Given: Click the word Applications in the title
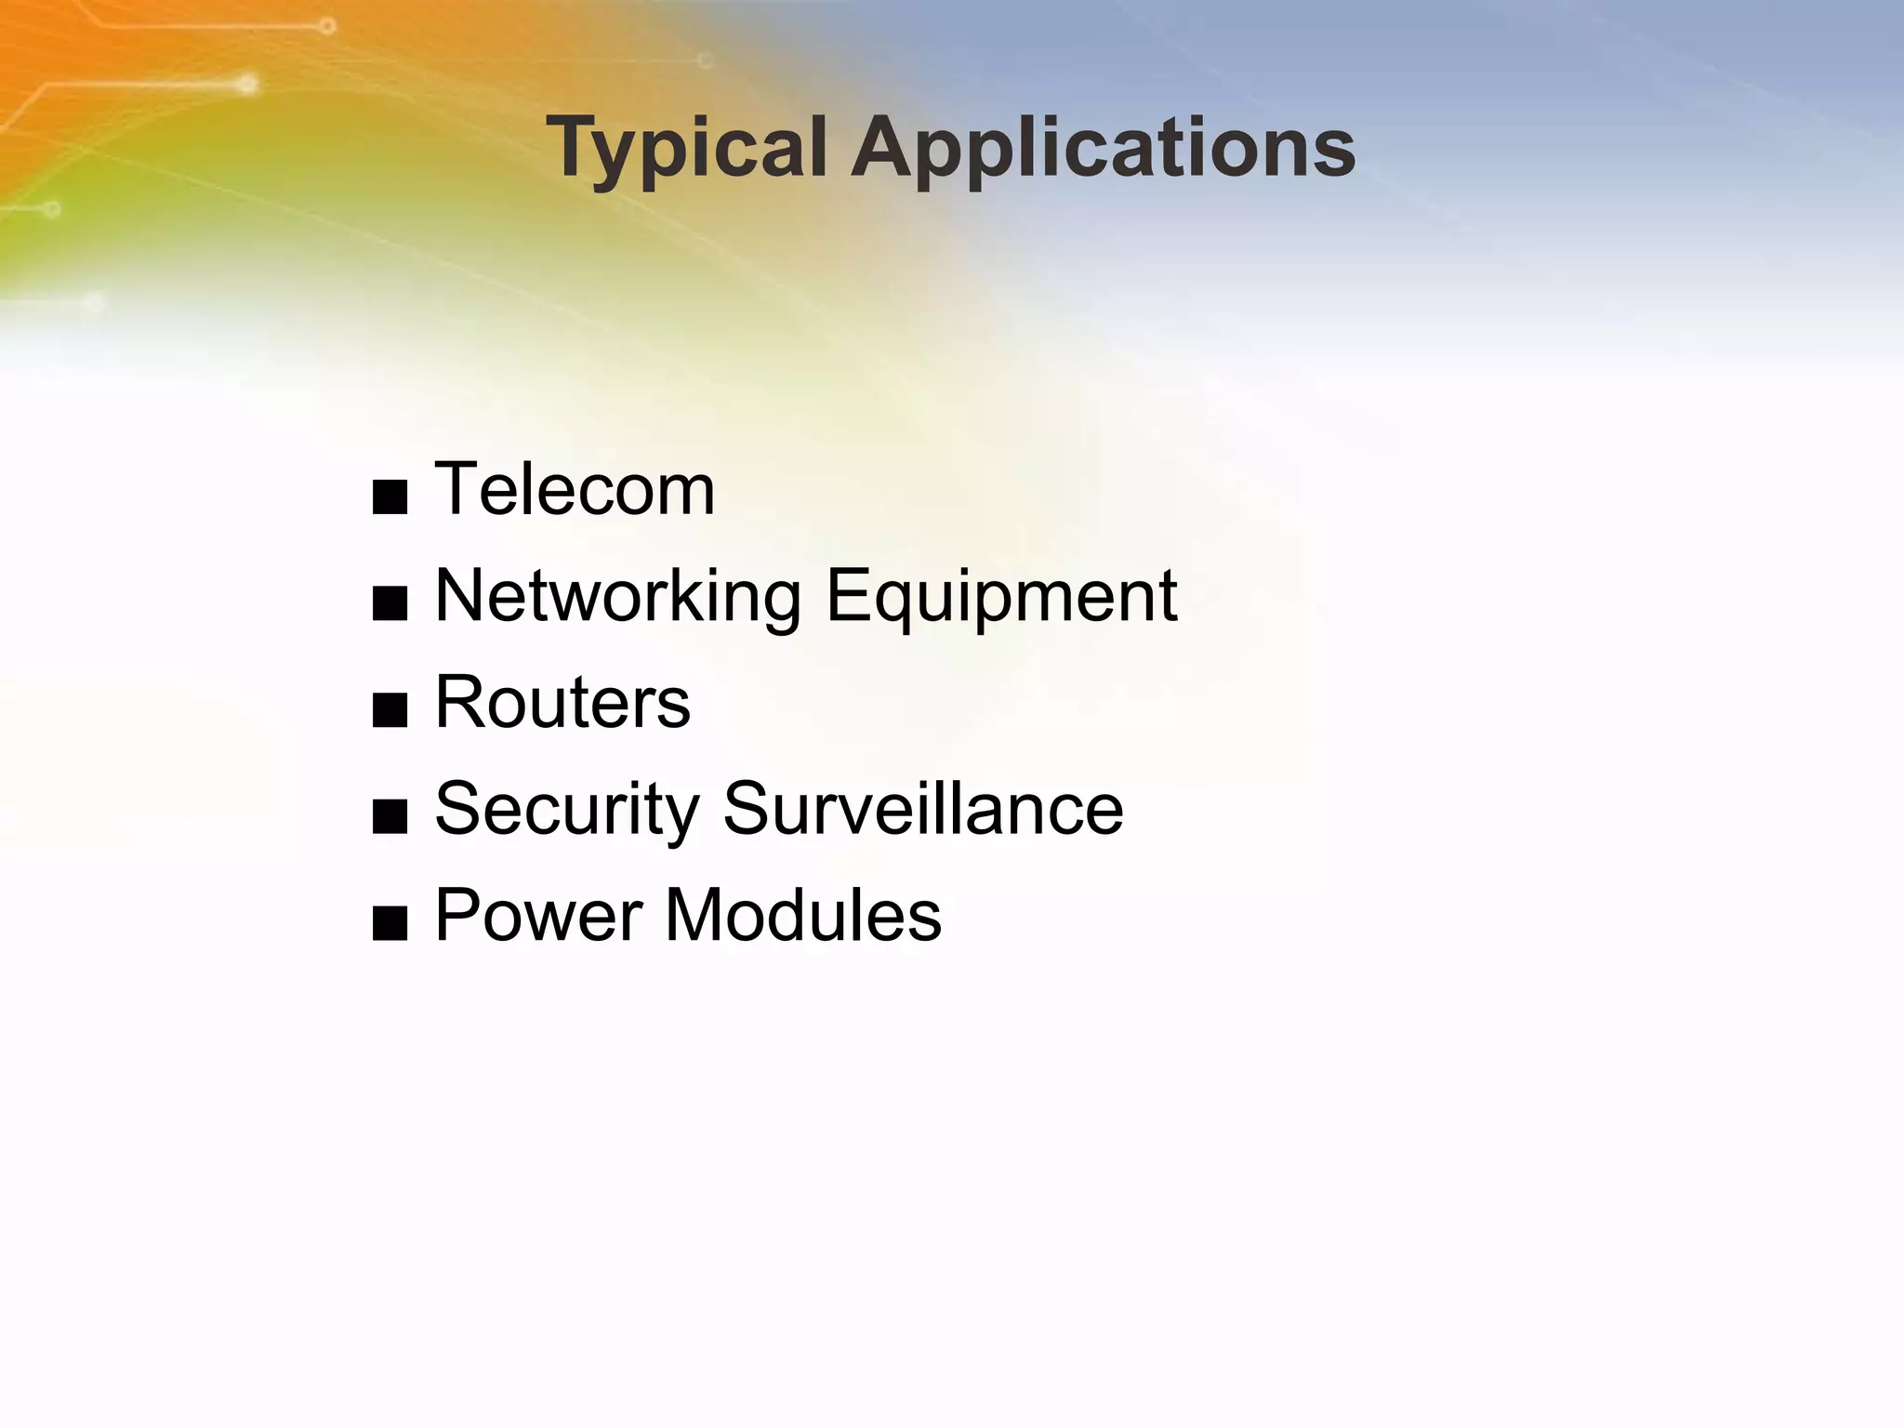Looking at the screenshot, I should (x=1104, y=149).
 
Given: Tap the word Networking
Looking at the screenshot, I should (x=618, y=597).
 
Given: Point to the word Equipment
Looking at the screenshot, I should (x=1001, y=597).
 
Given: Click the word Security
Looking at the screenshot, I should (x=567, y=809).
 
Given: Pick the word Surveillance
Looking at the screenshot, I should (x=923, y=809).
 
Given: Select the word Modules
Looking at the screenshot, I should (x=803, y=915).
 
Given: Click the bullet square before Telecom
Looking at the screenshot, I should (x=390, y=498).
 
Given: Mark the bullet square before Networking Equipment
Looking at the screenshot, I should (x=390, y=604).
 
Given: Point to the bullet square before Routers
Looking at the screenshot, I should (x=390, y=711).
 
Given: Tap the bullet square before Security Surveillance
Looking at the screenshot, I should (x=390, y=817).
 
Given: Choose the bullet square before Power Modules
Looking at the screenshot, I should (x=390, y=924).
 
